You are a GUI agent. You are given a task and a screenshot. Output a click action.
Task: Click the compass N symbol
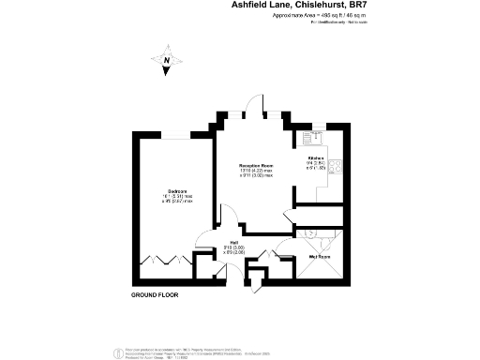[x=166, y=63]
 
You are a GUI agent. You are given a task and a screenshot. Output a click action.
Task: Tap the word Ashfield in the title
[x=253, y=5]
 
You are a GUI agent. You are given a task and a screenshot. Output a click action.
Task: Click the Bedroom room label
[x=176, y=190]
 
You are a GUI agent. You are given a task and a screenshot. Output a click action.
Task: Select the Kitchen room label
[x=315, y=160]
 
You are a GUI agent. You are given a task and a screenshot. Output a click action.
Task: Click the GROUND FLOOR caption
[x=155, y=294]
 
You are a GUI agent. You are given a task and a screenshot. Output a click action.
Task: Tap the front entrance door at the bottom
[x=250, y=281]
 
